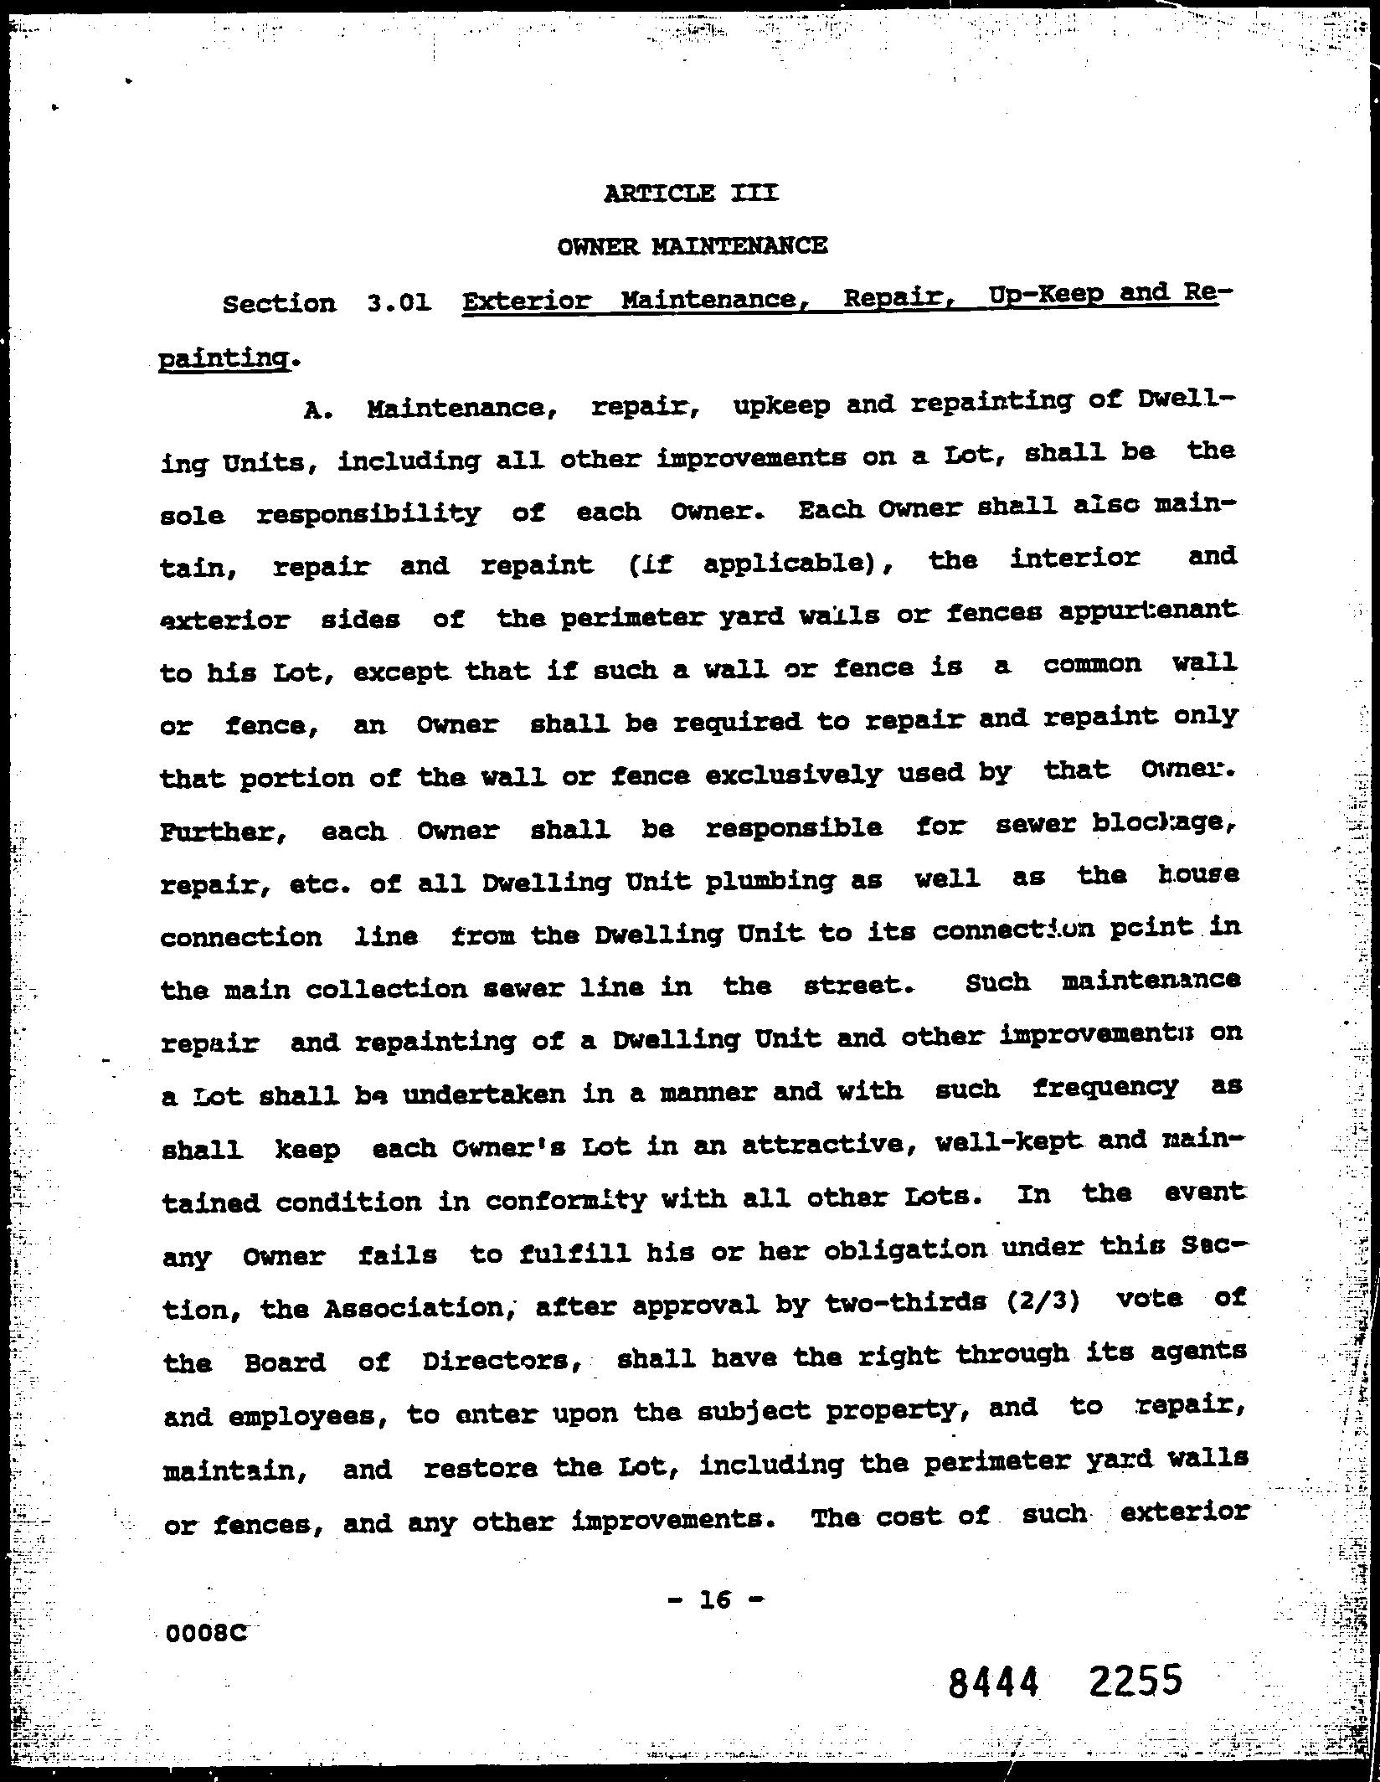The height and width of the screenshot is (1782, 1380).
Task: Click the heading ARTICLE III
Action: (x=690, y=193)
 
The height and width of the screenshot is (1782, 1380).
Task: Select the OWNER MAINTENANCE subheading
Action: (x=693, y=246)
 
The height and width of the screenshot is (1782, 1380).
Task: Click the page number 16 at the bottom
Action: (x=716, y=1599)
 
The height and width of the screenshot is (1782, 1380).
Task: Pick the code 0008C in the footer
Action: (x=207, y=1633)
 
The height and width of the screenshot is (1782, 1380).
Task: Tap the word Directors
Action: (x=501, y=1361)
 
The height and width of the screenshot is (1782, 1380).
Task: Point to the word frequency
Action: (x=1105, y=1089)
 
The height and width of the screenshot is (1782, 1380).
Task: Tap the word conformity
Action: (x=566, y=1201)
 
